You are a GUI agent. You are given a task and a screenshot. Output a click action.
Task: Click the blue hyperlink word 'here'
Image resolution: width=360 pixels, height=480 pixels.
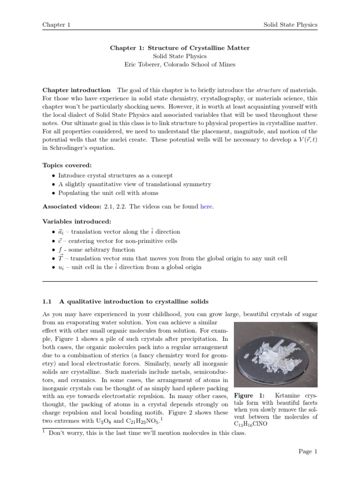(x=206, y=207)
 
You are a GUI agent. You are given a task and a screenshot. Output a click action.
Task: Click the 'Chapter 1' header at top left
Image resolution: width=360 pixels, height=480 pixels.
(x=56, y=24)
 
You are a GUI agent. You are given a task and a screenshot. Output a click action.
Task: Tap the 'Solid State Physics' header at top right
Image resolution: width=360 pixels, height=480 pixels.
(x=291, y=24)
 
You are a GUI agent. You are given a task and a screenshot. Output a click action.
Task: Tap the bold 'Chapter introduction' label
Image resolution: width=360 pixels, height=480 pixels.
(x=76, y=90)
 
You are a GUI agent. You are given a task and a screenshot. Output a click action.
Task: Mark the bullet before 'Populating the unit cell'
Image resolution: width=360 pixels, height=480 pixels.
(x=53, y=193)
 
